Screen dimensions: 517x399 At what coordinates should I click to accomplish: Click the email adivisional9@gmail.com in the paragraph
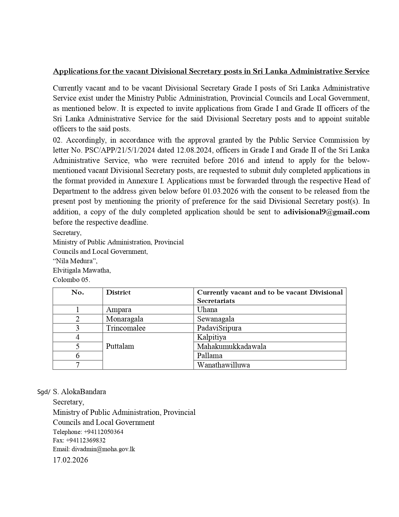(326, 212)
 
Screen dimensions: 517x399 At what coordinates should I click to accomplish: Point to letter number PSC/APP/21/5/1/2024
(111, 150)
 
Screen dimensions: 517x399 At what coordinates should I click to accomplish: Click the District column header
(118, 292)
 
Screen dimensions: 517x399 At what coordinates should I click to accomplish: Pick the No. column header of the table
(78, 292)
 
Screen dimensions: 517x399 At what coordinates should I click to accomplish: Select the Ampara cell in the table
(119, 310)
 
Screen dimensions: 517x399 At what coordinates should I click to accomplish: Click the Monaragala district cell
(125, 319)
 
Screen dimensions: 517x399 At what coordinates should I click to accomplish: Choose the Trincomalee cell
(125, 328)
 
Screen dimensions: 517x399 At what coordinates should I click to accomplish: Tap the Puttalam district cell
(120, 346)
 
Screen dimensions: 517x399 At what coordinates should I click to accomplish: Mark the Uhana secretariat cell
(207, 310)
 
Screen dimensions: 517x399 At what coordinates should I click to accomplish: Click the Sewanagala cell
(216, 319)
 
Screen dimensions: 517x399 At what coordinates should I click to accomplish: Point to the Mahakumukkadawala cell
(232, 347)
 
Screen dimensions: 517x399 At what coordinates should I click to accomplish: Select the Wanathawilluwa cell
(223, 365)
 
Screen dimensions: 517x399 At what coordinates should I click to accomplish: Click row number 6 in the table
(78, 356)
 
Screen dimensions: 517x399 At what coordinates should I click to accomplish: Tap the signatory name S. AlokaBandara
(79, 392)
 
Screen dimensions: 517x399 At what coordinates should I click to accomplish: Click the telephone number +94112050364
(104, 432)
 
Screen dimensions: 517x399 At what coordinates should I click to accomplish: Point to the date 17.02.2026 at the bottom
(70, 460)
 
